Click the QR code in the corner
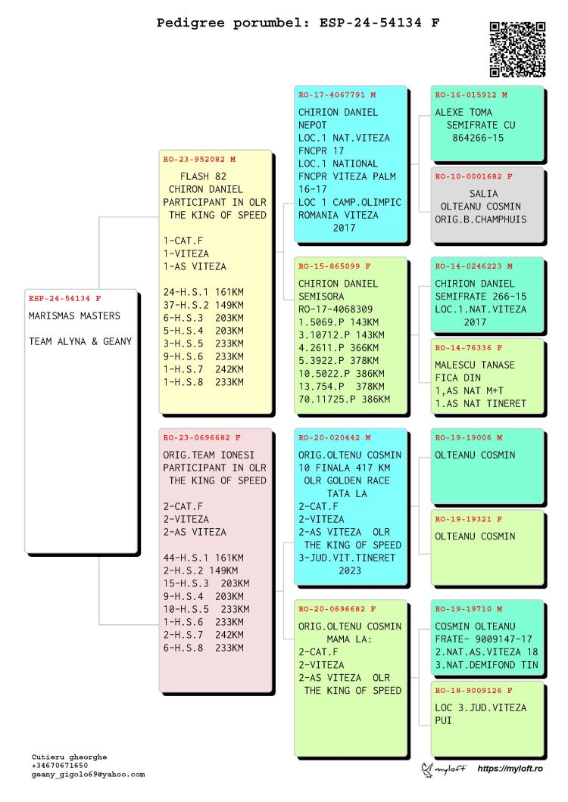tap(517, 48)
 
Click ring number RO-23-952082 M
tap(199, 160)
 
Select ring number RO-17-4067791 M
tap(337, 95)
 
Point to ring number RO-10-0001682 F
tap(473, 176)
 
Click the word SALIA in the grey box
tap(484, 194)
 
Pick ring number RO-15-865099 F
tap(335, 266)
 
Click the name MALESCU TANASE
tap(475, 365)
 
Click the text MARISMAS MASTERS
tap(74, 316)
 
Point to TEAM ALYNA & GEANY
tap(80, 341)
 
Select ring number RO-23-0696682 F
tap(202, 438)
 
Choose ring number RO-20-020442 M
tap(335, 438)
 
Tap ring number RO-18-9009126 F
tap(473, 691)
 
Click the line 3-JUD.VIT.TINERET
tap(347, 558)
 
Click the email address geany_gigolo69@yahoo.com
tap(88, 775)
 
